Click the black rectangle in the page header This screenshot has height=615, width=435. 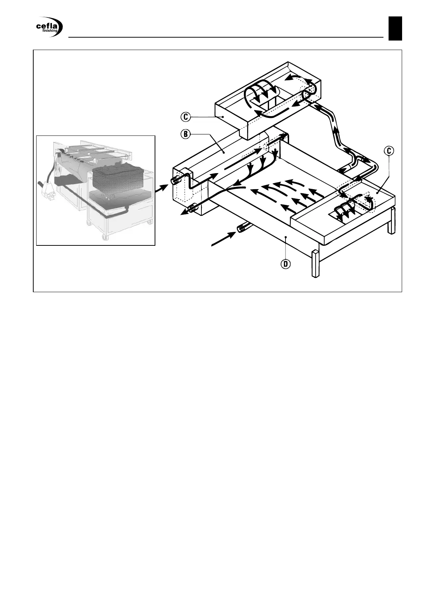click(x=395, y=28)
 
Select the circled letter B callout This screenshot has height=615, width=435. click(x=186, y=134)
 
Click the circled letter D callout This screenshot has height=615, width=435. click(x=286, y=264)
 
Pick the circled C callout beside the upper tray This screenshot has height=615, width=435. click(x=186, y=117)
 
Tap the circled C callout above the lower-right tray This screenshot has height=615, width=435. click(x=389, y=150)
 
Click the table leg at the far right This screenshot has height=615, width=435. click(x=391, y=221)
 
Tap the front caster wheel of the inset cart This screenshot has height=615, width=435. click(x=105, y=238)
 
